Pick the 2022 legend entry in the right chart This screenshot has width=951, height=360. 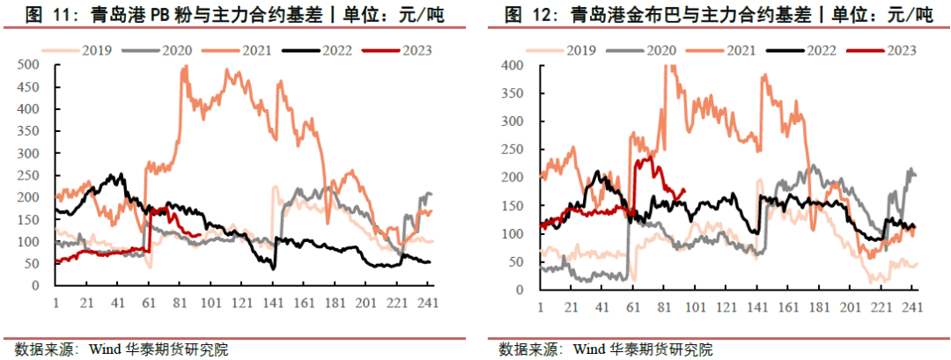(813, 50)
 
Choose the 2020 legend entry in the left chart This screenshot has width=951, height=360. (173, 50)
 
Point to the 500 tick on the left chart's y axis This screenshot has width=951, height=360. (30, 64)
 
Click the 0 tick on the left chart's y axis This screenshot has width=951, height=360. (36, 286)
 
